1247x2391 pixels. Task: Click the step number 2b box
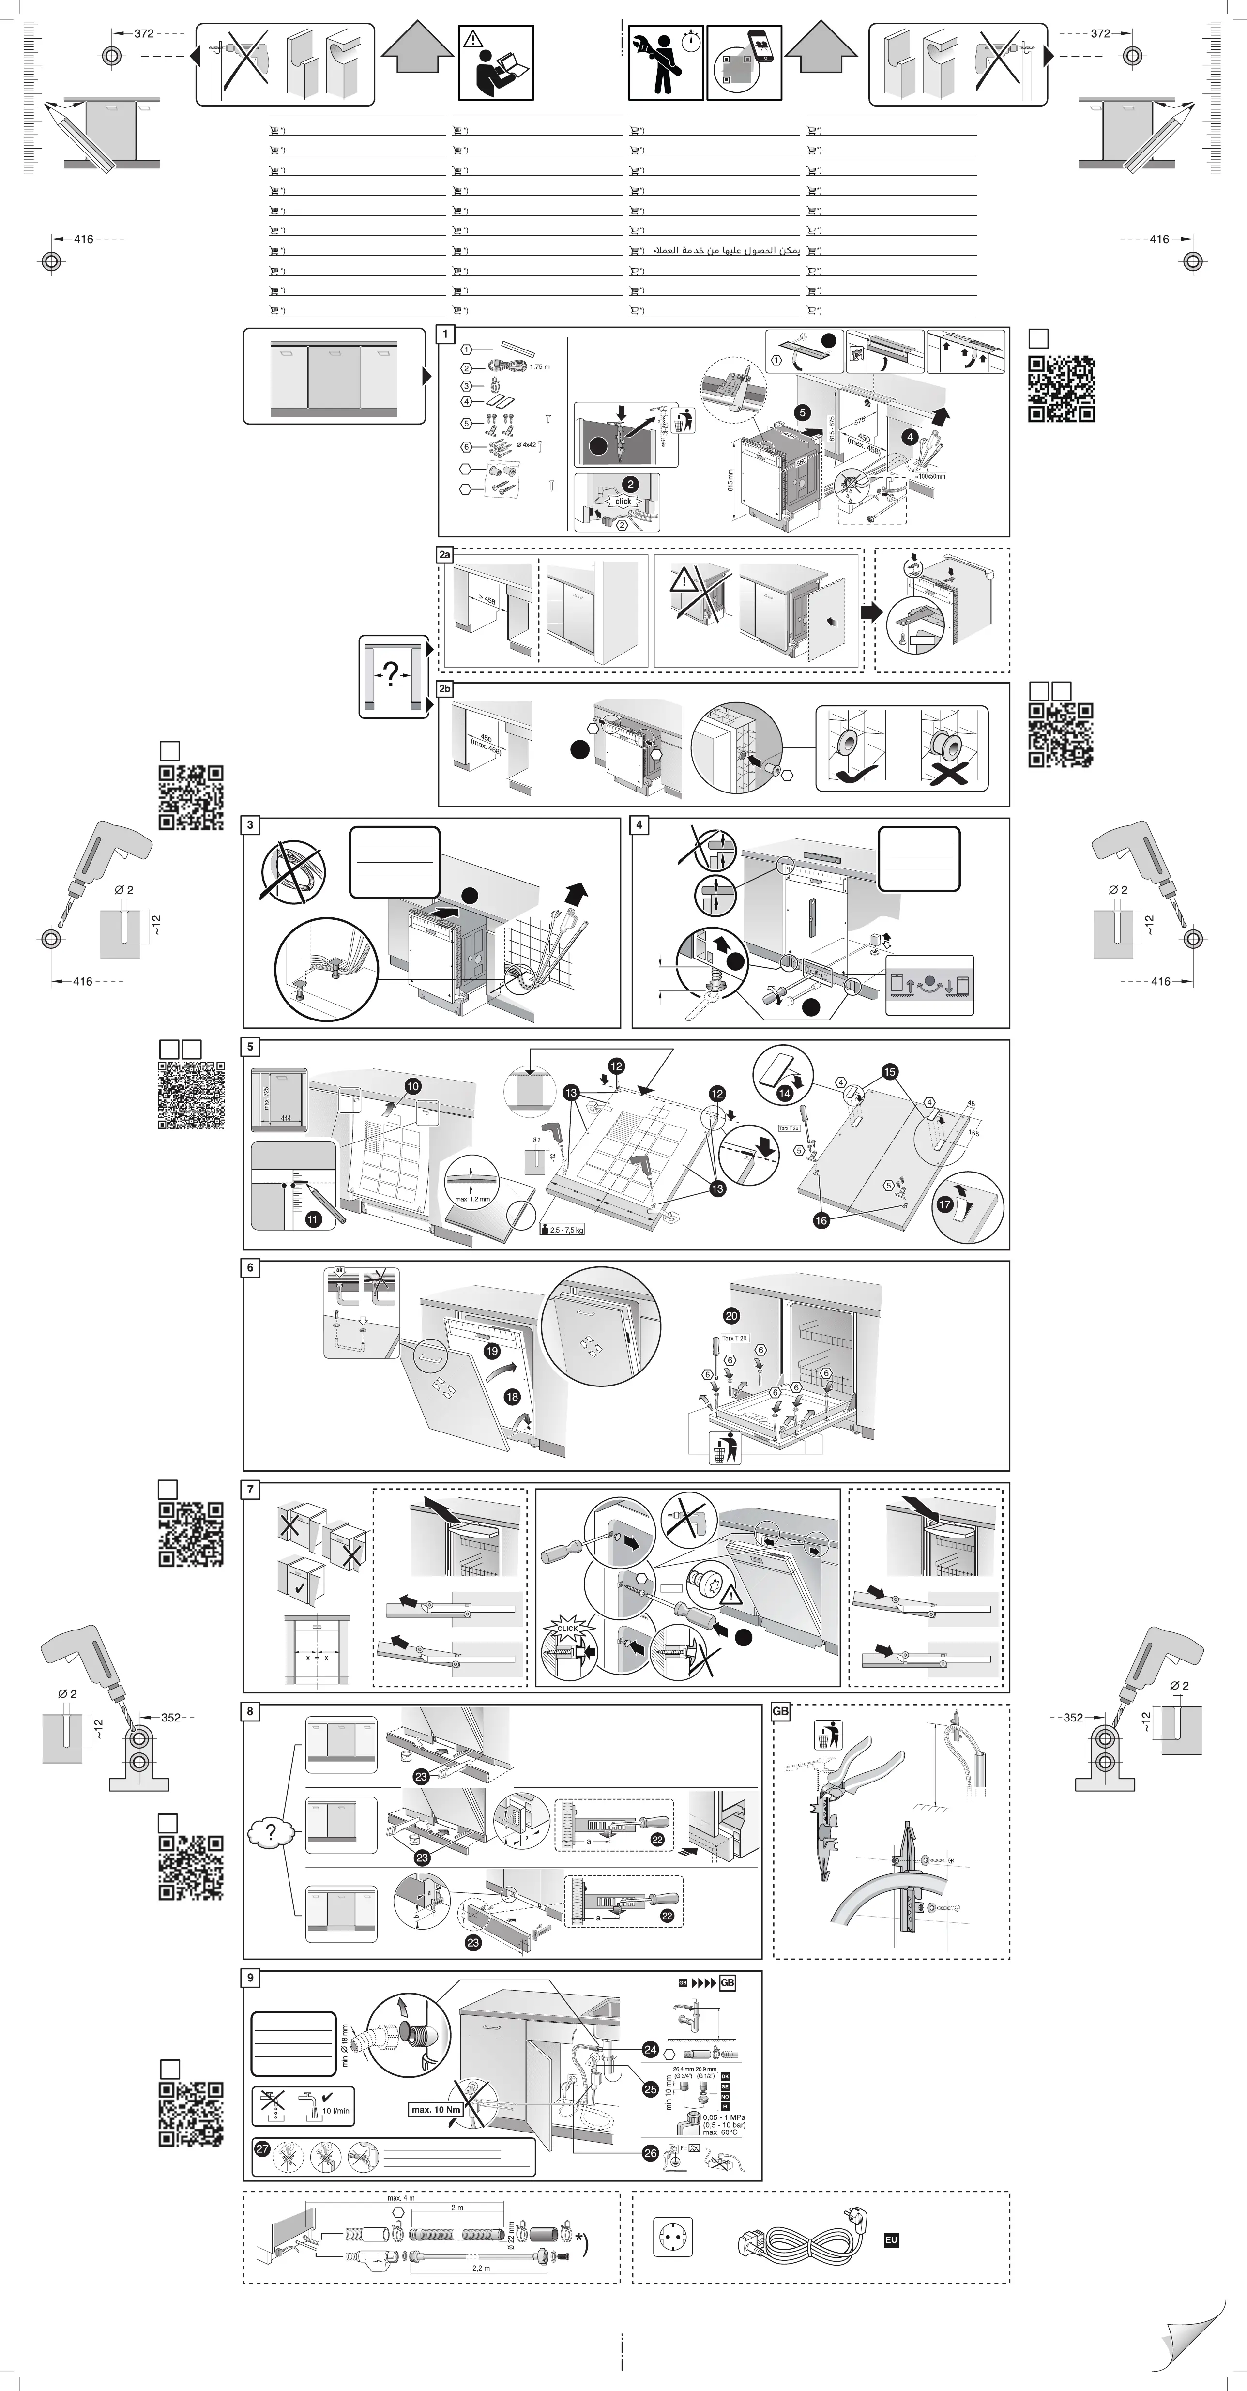pos(445,689)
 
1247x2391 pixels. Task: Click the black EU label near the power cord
pos(891,2239)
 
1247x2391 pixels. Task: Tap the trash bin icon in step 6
pos(725,1447)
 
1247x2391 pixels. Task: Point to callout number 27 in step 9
pos(262,2149)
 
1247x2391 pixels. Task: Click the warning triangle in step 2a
pos(684,582)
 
